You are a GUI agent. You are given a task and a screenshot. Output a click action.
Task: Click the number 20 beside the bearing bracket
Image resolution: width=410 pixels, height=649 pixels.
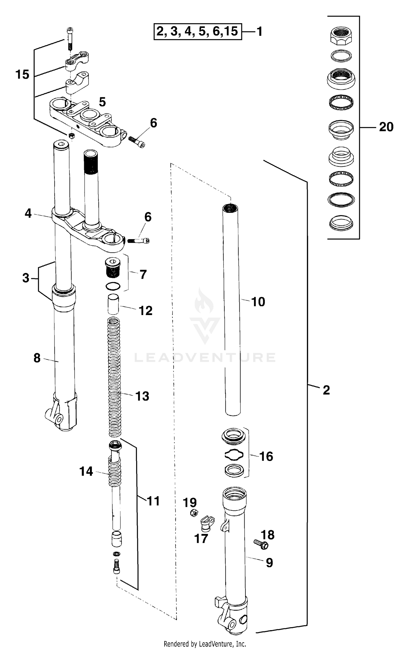click(386, 127)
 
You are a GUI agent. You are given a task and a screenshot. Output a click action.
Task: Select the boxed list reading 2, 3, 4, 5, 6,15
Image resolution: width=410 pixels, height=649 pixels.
click(198, 32)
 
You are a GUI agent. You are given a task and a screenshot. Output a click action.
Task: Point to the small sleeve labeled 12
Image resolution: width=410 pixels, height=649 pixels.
click(113, 304)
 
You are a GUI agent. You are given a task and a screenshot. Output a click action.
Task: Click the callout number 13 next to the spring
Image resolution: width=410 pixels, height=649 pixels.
click(142, 396)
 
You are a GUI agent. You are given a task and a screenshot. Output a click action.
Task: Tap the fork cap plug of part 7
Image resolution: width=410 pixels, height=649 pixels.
click(112, 268)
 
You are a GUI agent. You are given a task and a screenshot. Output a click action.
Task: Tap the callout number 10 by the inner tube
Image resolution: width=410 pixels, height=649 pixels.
click(258, 302)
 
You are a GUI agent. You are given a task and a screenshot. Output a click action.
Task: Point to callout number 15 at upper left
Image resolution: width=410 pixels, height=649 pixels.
click(22, 75)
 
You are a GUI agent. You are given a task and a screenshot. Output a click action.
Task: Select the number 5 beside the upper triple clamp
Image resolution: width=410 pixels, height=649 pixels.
click(102, 102)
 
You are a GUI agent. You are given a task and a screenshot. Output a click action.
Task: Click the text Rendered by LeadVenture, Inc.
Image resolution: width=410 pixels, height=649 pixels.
click(205, 644)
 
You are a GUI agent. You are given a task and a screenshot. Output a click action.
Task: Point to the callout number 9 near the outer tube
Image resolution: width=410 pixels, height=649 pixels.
click(269, 563)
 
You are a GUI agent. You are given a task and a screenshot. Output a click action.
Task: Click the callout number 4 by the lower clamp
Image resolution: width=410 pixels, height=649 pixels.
click(28, 213)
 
